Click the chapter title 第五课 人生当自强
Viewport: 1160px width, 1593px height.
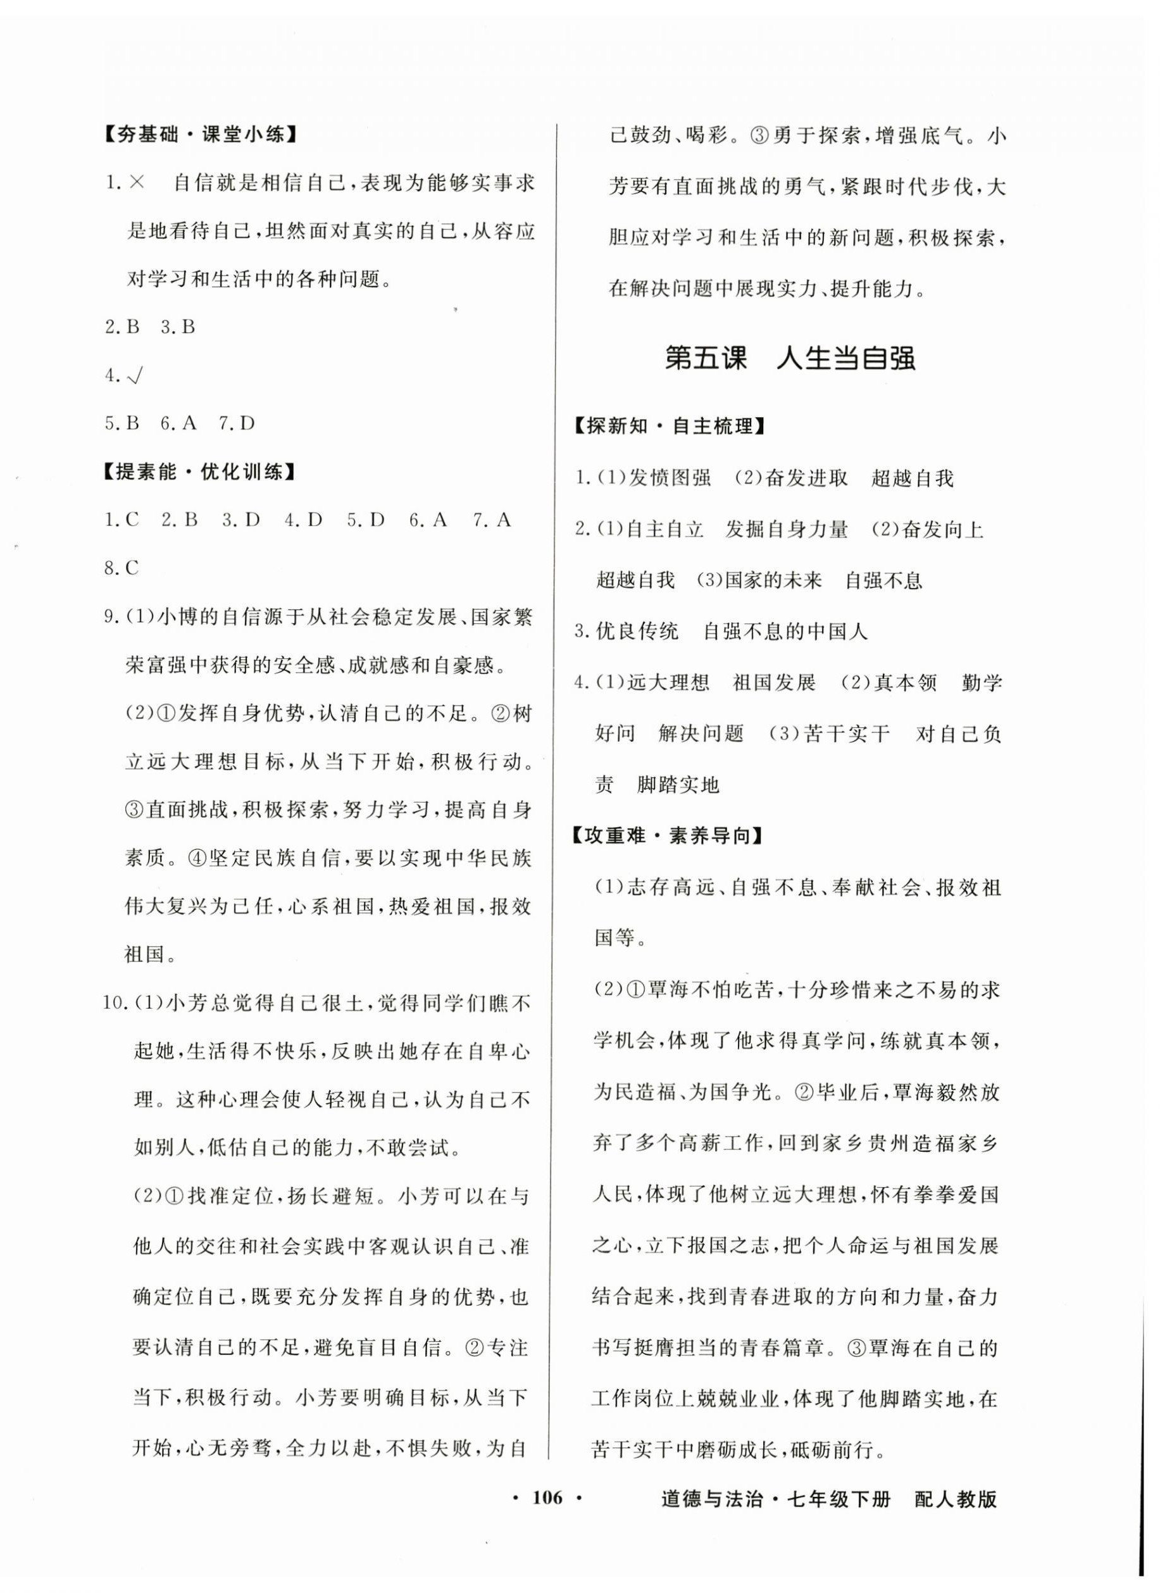point(790,359)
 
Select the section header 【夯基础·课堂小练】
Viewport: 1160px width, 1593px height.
point(197,135)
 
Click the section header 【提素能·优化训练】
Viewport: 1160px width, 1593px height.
point(197,472)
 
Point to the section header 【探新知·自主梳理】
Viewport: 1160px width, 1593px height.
point(669,426)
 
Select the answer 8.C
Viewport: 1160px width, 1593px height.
point(122,568)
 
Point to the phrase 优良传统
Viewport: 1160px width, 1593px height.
point(637,632)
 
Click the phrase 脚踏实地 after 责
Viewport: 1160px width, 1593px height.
point(678,785)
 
